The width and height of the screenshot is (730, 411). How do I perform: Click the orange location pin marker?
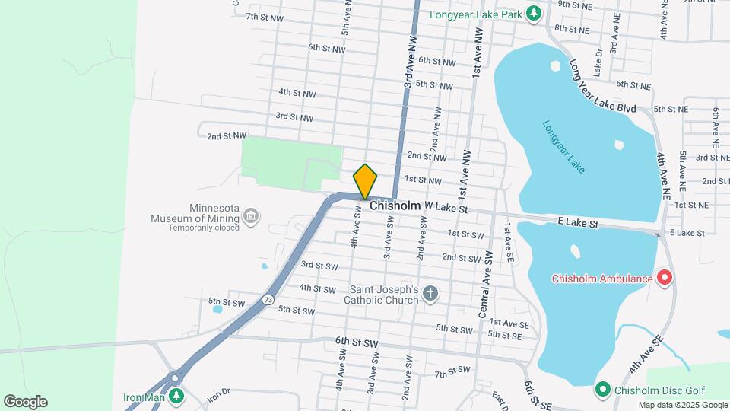point(365,181)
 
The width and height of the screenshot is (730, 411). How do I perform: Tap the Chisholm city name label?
point(395,206)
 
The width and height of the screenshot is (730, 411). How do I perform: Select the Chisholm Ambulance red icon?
point(665,279)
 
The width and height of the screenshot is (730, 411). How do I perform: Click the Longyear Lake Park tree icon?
point(534,13)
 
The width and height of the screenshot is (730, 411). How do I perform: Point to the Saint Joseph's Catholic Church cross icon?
point(430,295)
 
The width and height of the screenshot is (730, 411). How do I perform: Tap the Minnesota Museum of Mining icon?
point(252,219)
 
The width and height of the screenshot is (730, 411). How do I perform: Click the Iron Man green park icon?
point(176,396)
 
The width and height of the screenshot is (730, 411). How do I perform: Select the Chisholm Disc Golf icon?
point(603,390)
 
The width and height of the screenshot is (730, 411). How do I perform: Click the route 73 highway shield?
point(268,300)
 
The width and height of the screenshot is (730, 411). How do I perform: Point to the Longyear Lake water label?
point(563,146)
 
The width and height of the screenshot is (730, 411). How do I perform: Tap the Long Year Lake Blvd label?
point(602,88)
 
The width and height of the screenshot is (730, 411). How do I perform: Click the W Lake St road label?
point(445,207)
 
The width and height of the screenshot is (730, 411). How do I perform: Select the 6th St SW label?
point(357,343)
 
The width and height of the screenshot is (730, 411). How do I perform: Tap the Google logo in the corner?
point(25,402)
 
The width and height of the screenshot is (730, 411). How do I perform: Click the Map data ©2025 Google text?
point(683,405)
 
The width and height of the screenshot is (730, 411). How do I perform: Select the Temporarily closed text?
point(204,228)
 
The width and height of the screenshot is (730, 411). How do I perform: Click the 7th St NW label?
point(264,17)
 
